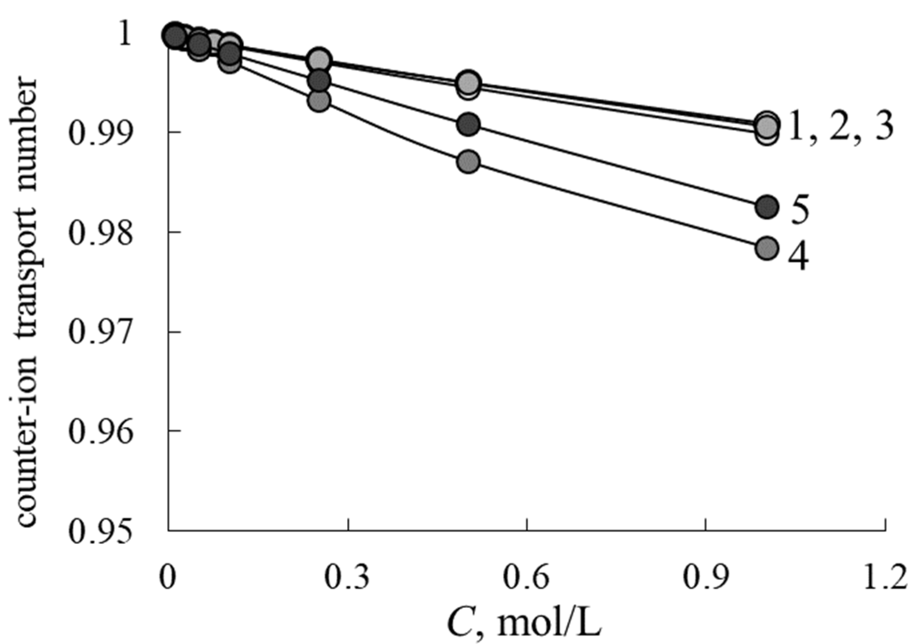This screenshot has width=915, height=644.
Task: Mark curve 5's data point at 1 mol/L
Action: coord(767,207)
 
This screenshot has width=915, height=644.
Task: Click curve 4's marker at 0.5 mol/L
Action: coord(469,162)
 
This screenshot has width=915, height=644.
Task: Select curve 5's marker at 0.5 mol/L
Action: coord(469,124)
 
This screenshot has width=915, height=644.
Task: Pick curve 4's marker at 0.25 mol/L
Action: coord(319,101)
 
